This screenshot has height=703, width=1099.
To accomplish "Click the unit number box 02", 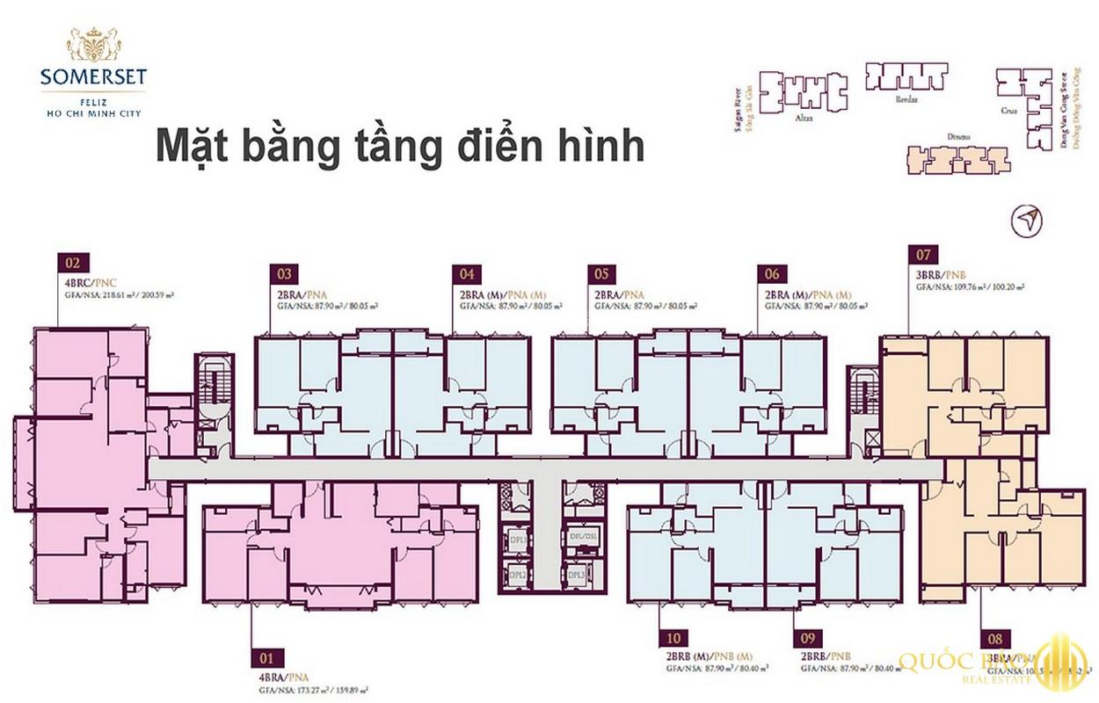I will click(x=73, y=262).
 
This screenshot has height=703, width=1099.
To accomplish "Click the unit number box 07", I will click(x=923, y=257).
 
